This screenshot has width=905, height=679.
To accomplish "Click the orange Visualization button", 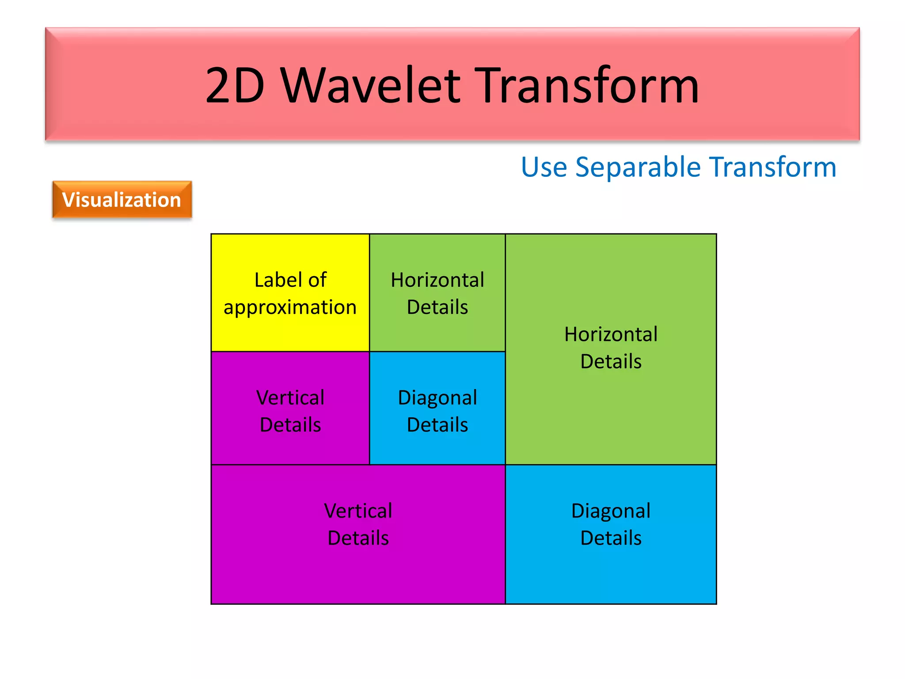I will (x=122, y=200).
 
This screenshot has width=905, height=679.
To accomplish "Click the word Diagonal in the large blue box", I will (x=611, y=511).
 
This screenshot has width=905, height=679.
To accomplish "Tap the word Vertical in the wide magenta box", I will (x=358, y=511).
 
